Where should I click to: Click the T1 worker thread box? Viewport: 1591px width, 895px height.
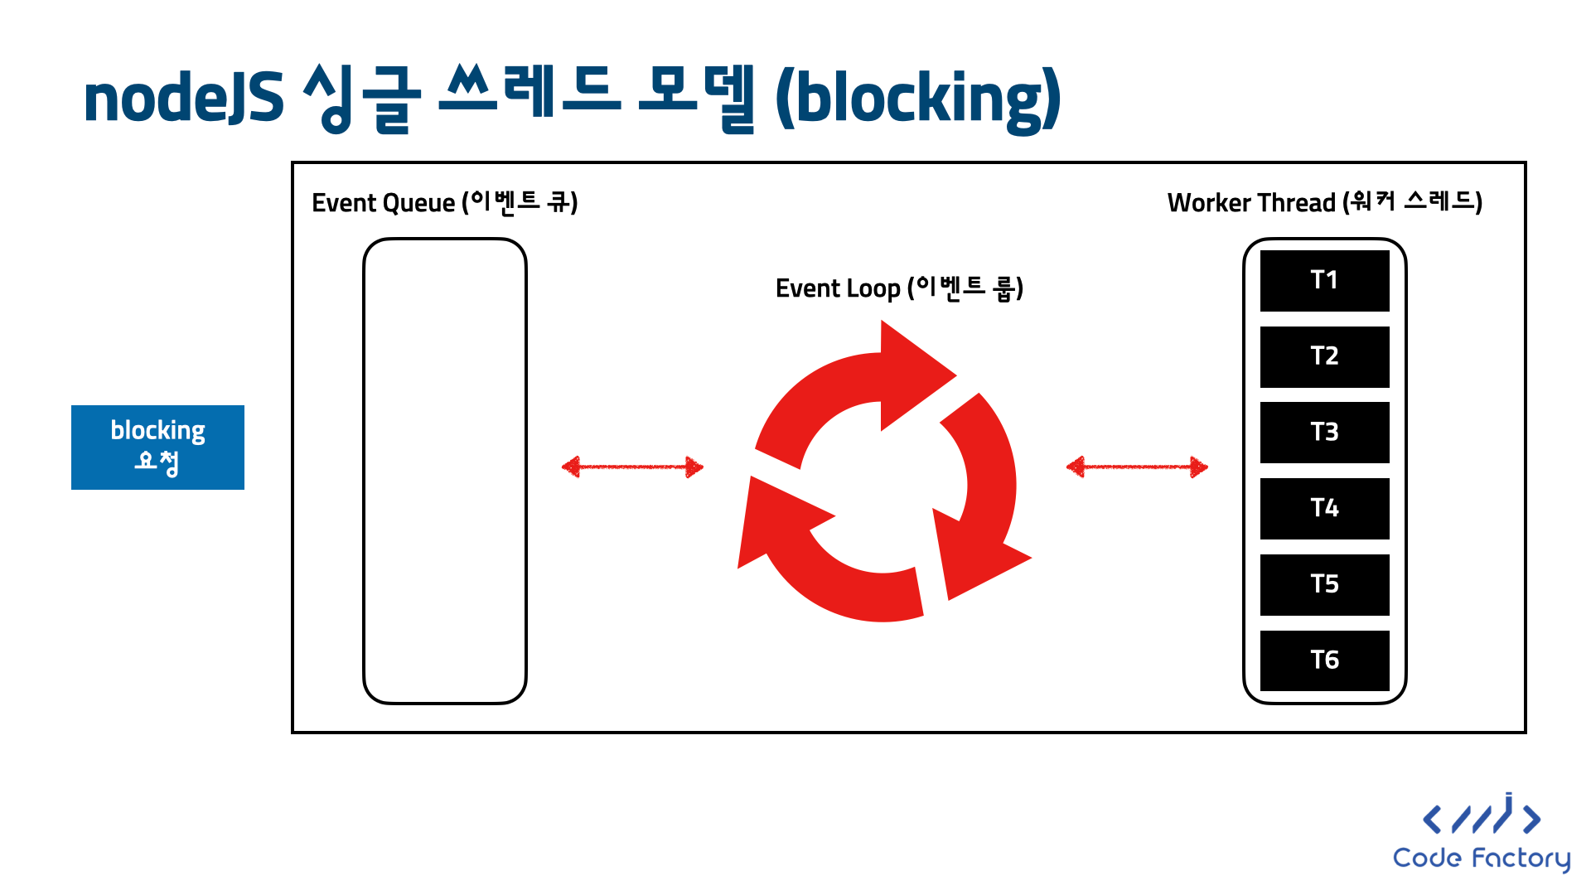click(1324, 280)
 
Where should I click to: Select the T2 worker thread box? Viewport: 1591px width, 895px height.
click(1324, 356)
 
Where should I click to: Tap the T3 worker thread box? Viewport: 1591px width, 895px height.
click(1324, 432)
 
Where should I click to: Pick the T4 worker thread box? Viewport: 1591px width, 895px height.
click(1324, 508)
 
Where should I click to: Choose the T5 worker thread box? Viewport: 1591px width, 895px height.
click(1324, 584)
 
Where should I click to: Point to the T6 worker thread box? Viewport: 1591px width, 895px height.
click(1324, 660)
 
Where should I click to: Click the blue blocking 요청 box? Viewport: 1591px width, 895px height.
click(157, 447)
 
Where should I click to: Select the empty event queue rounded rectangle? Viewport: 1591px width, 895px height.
click(445, 471)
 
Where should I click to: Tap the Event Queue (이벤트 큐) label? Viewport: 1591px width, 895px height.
click(444, 202)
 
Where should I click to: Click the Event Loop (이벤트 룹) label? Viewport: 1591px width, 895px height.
click(899, 288)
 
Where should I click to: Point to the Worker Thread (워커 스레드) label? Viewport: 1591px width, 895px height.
click(1324, 202)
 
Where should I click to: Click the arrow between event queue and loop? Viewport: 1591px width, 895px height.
click(632, 467)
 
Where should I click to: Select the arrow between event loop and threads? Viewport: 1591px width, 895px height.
click(1137, 467)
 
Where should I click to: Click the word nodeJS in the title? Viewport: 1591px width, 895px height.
click(183, 99)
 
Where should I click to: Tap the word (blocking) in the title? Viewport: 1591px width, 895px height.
click(918, 99)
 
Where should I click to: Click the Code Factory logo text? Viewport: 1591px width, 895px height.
click(1481, 858)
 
